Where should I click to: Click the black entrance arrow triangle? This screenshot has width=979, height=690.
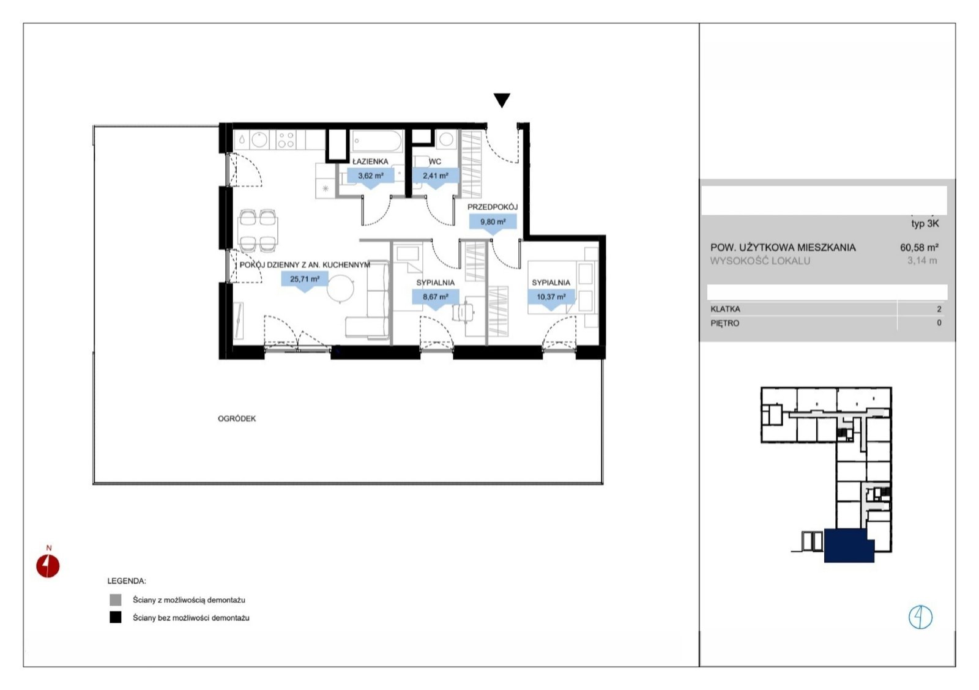pos(502,100)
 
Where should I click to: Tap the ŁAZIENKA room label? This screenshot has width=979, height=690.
pos(370,161)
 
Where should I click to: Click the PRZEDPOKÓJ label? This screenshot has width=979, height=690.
pos(493,207)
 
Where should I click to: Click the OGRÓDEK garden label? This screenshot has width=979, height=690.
pos(237,418)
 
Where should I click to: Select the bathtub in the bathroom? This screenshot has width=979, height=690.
pos(377,141)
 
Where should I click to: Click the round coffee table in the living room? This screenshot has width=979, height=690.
pos(340,288)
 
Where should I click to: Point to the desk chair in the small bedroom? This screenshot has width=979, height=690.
pos(463,313)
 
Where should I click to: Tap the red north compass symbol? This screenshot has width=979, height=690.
pos(48,566)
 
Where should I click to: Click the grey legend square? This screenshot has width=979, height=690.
pos(116,599)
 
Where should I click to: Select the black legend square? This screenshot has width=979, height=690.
pos(116,617)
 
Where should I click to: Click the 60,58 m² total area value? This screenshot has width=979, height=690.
pos(919,247)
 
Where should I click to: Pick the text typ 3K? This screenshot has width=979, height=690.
pos(925,224)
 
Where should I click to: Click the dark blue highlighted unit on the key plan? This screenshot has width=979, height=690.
pos(849,546)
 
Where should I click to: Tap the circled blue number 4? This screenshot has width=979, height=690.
pos(920,617)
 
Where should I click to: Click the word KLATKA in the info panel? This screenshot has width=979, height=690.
pos(726,309)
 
